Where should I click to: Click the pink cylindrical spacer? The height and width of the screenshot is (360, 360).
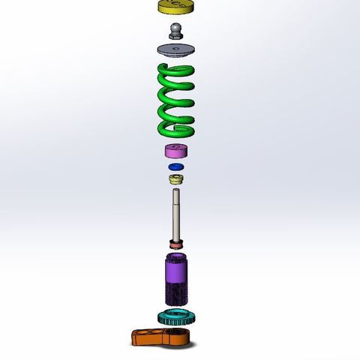(x=177, y=151)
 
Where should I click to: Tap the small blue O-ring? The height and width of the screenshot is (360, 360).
(x=177, y=166)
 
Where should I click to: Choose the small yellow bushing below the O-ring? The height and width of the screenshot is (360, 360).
(x=177, y=181)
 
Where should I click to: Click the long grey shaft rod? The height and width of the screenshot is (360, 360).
(x=177, y=217)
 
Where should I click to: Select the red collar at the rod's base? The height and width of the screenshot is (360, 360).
(x=177, y=245)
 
